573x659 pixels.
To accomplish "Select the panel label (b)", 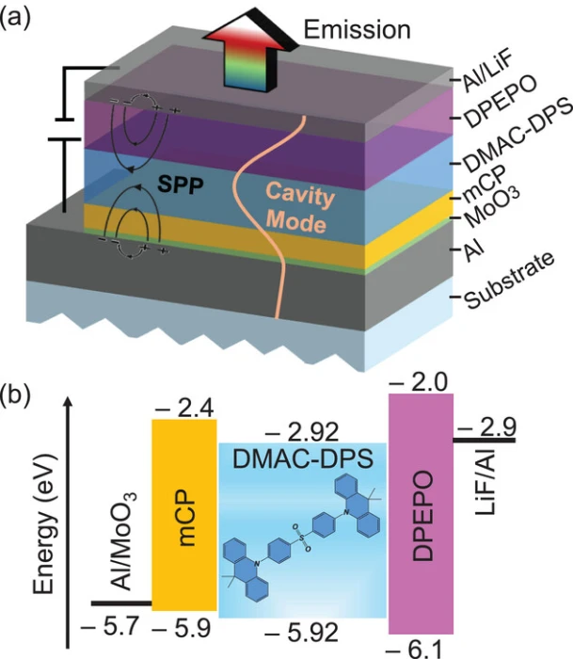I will point(21,393).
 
